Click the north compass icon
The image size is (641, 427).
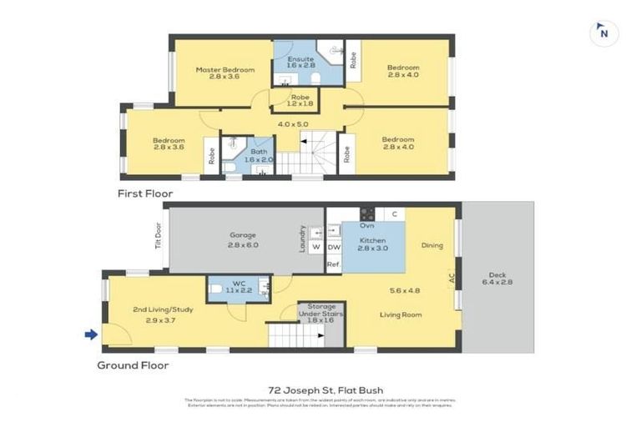pos(603,33)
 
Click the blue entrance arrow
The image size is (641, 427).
pos(91,334)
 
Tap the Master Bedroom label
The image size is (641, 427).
pos(225,74)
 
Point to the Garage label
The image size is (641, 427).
pos(242,240)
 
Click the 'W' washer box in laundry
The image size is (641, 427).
pos(315,247)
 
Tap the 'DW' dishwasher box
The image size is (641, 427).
pos(334,247)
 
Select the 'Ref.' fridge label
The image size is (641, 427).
pos(333,264)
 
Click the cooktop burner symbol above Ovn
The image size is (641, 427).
pos(366,213)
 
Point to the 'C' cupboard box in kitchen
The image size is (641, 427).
pos(394,214)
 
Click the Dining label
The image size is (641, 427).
pos(432,245)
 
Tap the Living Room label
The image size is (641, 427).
pos(401,314)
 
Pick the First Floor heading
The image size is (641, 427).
pos(145,193)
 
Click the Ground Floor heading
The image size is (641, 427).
pos(133,365)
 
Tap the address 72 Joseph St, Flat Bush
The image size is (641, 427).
pos(320,389)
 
